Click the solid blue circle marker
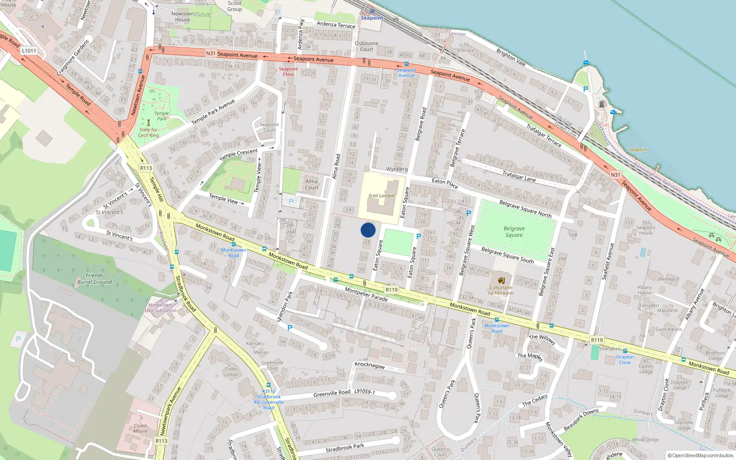click(368, 230)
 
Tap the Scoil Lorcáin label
click(381, 195)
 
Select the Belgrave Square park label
click(514, 232)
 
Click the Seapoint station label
click(372, 18)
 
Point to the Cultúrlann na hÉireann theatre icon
click(501, 280)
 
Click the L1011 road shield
click(29, 51)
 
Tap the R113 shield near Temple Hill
click(146, 168)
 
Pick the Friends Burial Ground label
click(94, 279)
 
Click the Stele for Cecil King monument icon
click(148, 122)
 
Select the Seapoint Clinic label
click(288, 71)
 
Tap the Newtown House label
click(183, 17)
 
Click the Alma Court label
click(311, 184)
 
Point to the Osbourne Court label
click(367, 46)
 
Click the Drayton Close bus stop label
click(625, 359)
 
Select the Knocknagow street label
click(369, 365)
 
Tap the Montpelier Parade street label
click(366, 294)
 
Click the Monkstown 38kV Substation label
click(160, 308)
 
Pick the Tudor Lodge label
click(231, 371)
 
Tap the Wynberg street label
click(397, 169)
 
